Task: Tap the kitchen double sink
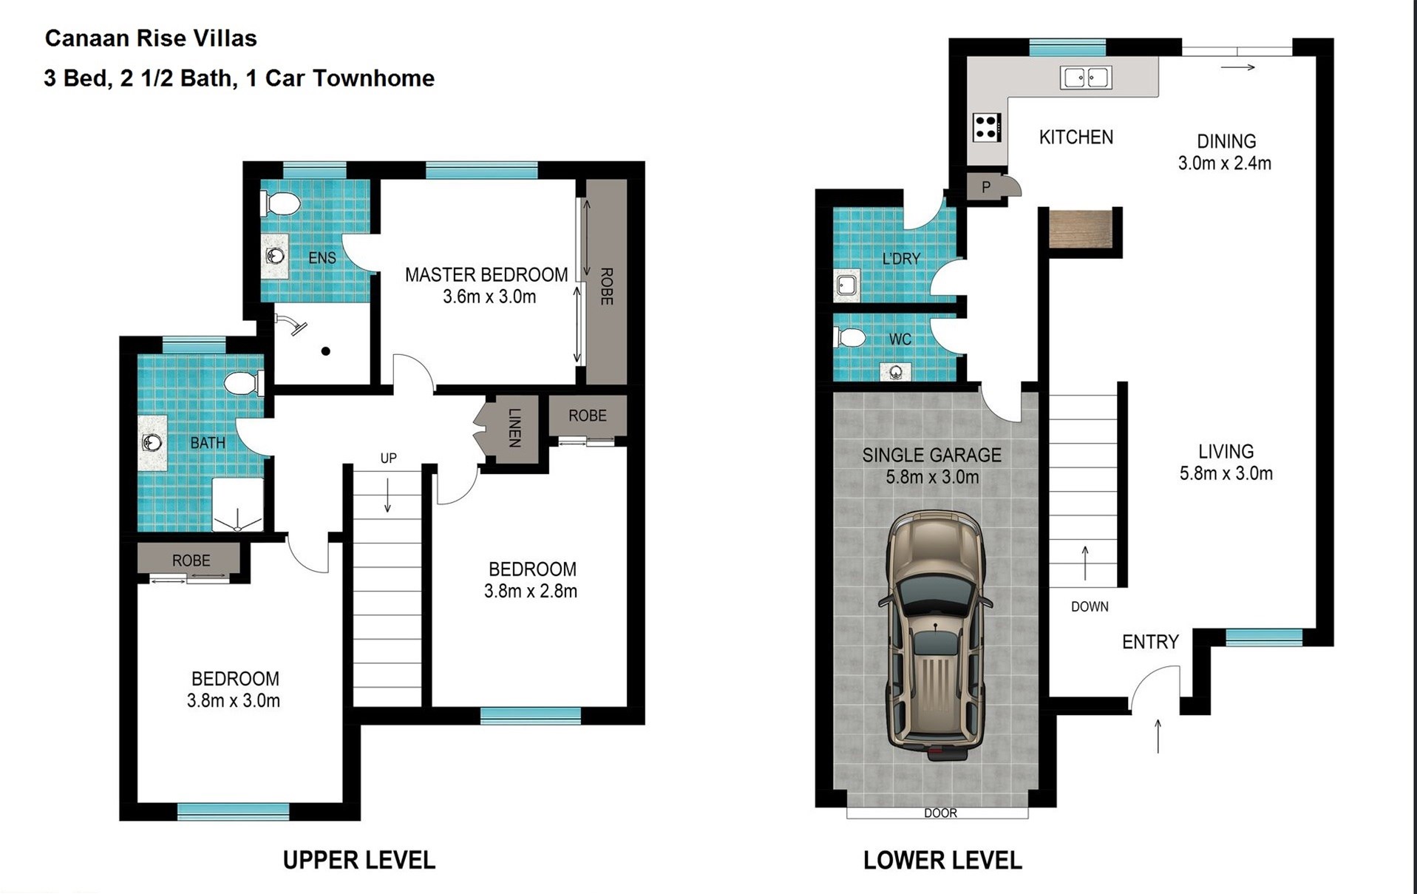point(1085,77)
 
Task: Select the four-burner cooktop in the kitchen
point(987,127)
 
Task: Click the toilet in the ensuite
point(279,203)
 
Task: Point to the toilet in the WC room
point(849,338)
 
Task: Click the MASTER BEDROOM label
point(486,275)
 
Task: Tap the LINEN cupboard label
point(515,428)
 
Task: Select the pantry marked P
point(986,187)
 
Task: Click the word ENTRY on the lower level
point(1150,642)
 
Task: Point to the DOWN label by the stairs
point(1090,606)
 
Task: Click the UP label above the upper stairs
point(388,458)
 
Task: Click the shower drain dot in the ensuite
point(325,351)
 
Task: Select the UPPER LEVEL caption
point(359,860)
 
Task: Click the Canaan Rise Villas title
point(151,38)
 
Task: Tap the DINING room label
point(1226,141)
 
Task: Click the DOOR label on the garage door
point(940,813)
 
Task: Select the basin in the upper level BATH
point(152,443)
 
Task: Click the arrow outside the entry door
point(1158,736)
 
